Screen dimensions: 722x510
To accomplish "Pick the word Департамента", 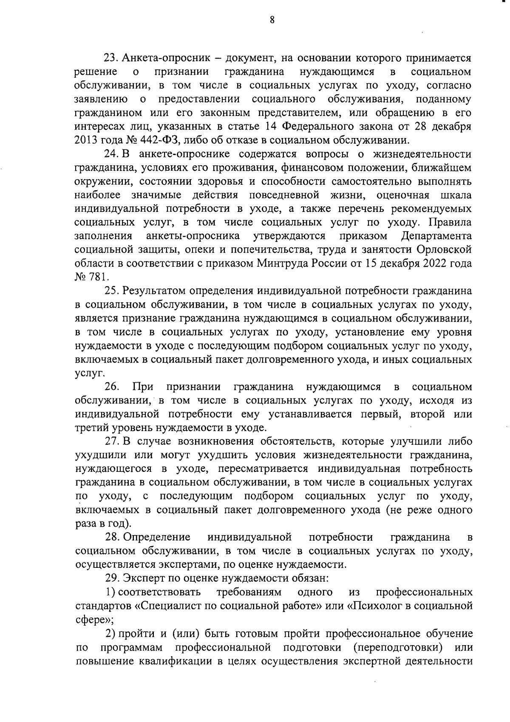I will [x=436, y=236].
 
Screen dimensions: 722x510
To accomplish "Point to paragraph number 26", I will [x=112, y=387].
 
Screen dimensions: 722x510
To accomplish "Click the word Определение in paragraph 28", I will [x=156, y=538].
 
